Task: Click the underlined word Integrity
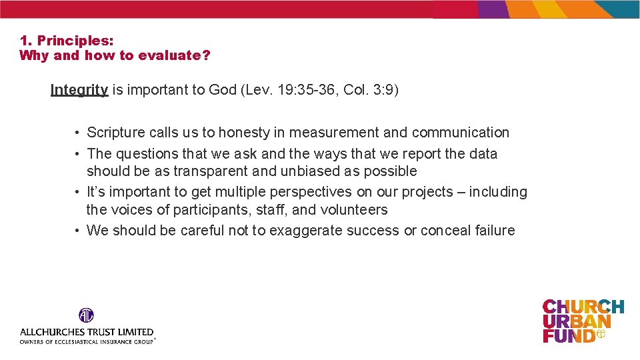pyautogui.click(x=79, y=90)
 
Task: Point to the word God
pyautogui.click(x=222, y=90)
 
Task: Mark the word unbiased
pyautogui.click(x=305, y=171)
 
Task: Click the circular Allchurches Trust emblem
pyautogui.click(x=86, y=315)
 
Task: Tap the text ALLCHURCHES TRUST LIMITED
pyautogui.click(x=87, y=331)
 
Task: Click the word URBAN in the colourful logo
pyautogui.click(x=576, y=321)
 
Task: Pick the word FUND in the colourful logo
pyautogui.click(x=568, y=335)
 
